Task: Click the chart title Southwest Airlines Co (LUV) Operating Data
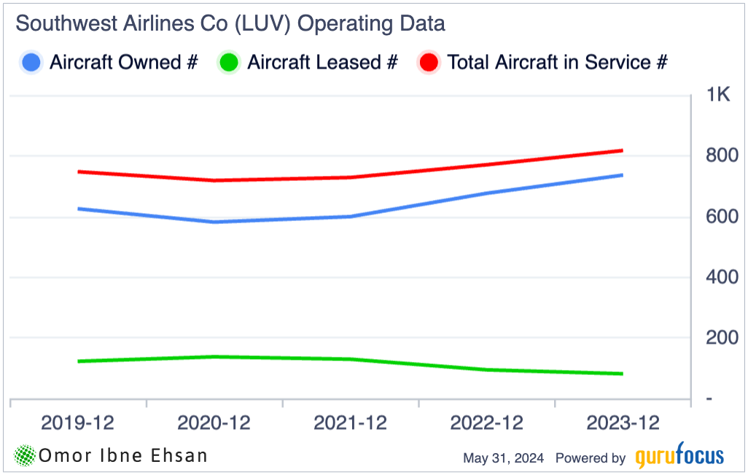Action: coord(230,24)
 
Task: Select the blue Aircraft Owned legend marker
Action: coord(31,63)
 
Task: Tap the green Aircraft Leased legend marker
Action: coord(229,63)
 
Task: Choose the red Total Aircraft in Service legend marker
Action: coord(429,63)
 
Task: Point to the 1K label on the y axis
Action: coord(719,94)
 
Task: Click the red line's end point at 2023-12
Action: coord(622,151)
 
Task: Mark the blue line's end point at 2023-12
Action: coord(622,175)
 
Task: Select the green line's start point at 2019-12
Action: coord(78,361)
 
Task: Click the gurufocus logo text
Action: coord(679,457)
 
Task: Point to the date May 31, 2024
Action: coord(504,458)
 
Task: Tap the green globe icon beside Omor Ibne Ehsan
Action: coord(26,456)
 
